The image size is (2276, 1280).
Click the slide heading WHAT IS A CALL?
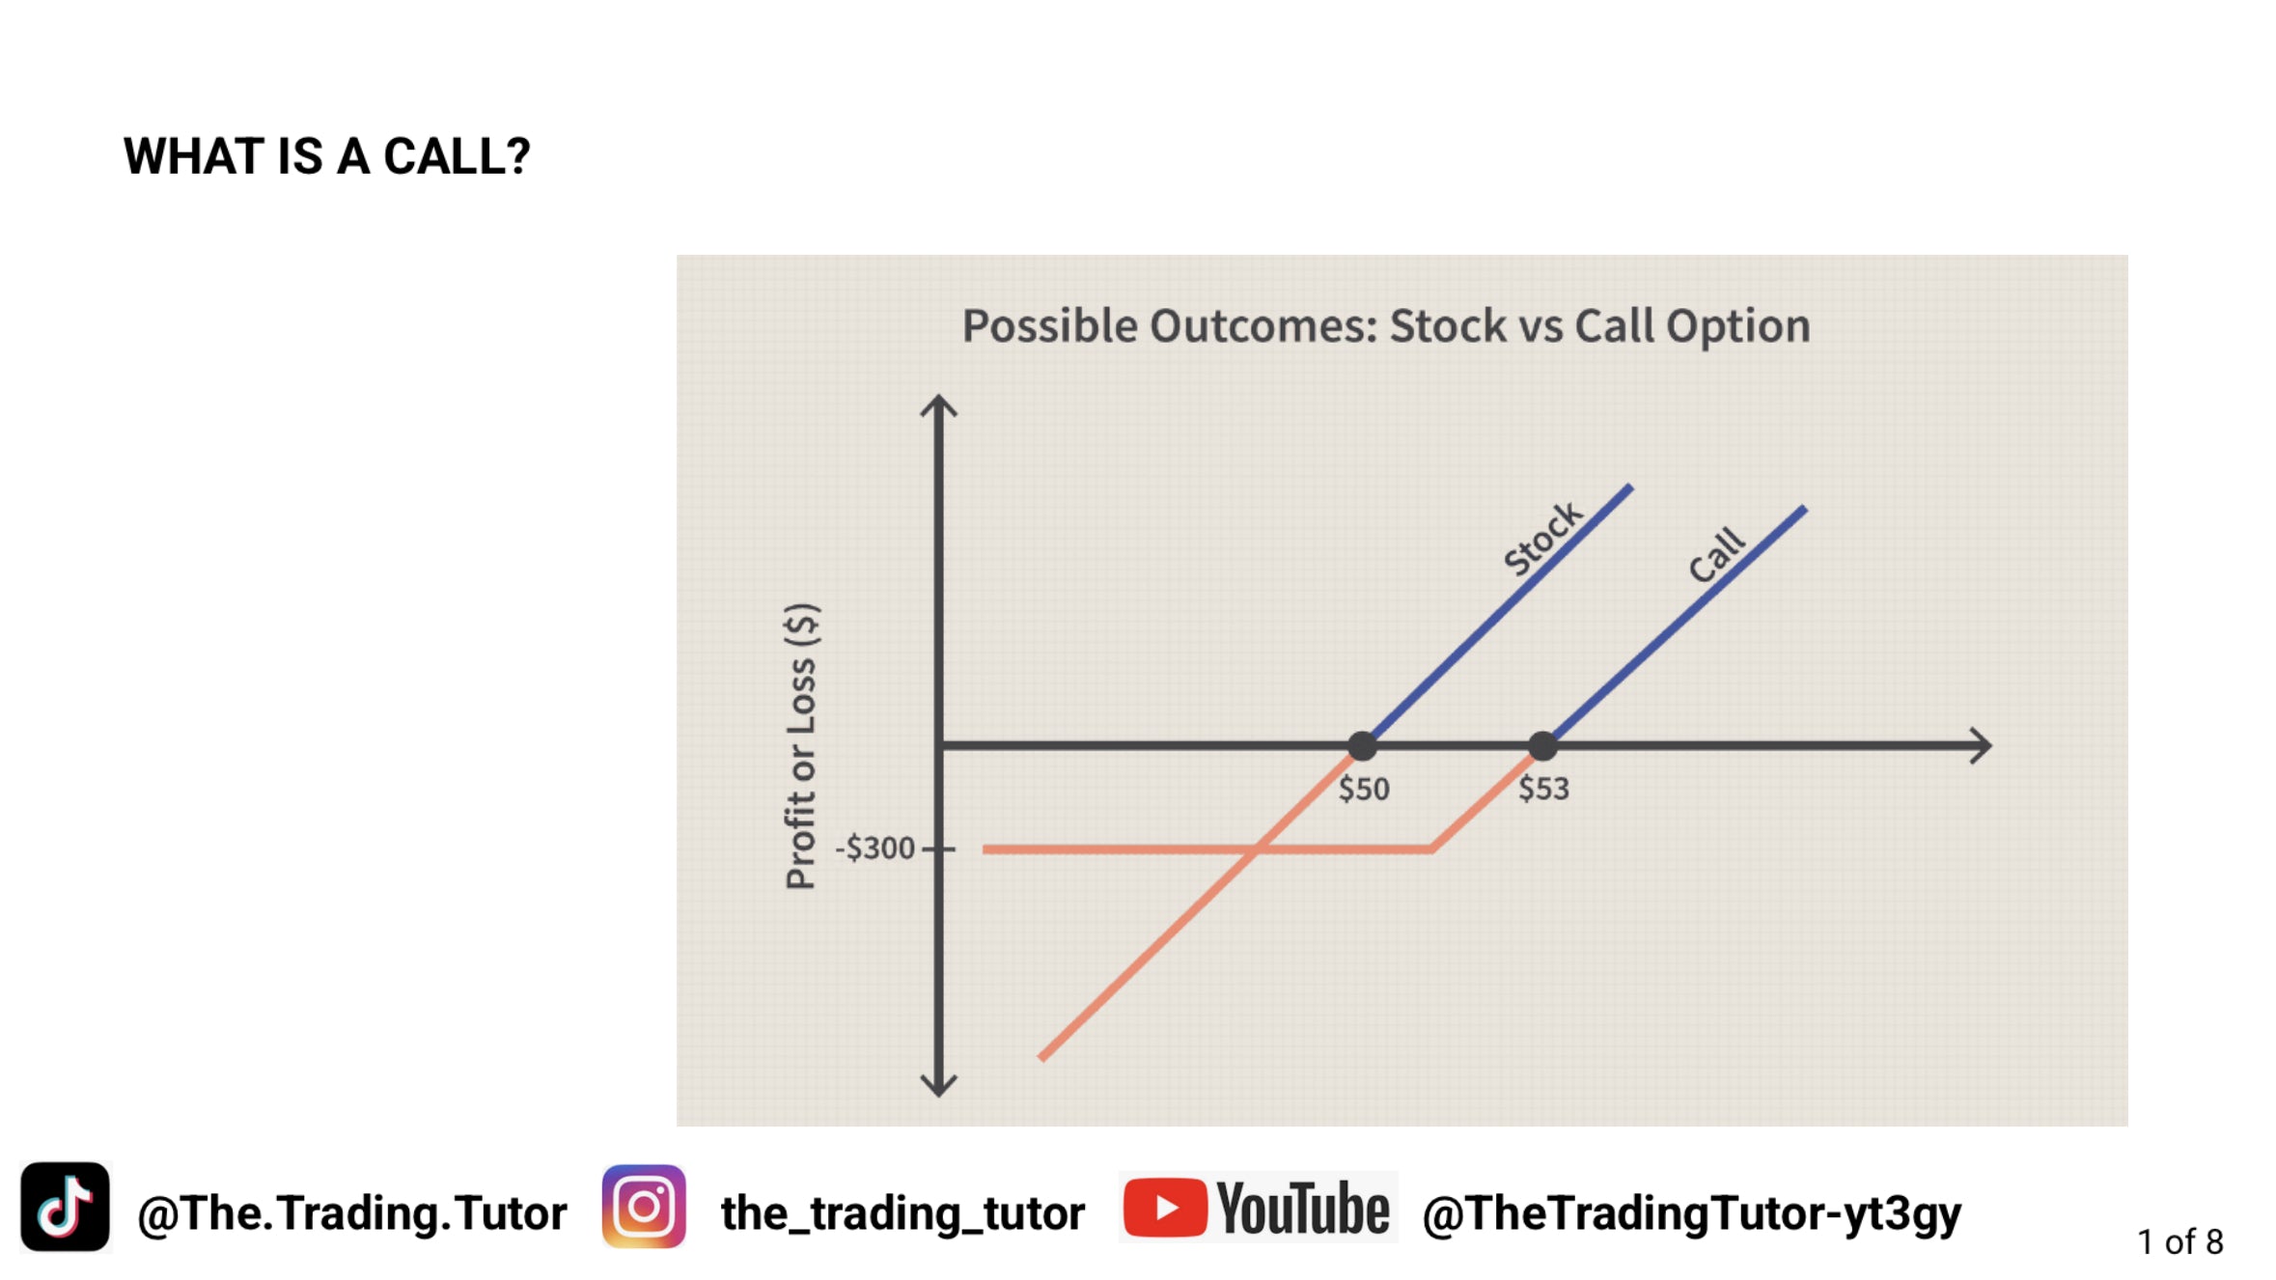click(327, 156)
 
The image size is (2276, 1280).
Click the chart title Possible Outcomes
click(1170, 326)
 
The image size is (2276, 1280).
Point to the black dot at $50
click(1362, 745)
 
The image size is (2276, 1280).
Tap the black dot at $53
click(1542, 745)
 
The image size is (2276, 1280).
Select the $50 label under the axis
click(1364, 789)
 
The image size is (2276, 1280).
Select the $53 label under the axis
click(1544, 789)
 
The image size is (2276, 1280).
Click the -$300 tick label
click(874, 848)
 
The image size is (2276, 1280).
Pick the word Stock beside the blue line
click(1543, 538)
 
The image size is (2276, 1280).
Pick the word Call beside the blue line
click(1717, 555)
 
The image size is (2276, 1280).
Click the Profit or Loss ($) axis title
click(801, 745)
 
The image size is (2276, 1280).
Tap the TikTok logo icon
click(65, 1207)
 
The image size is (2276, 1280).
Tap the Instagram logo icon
click(644, 1207)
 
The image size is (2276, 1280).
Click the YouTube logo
click(1258, 1207)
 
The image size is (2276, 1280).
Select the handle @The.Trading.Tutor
click(352, 1212)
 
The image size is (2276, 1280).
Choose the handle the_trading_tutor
click(903, 1213)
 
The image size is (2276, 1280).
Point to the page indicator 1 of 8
click(2180, 1241)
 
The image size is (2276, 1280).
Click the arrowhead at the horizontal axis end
click(1981, 745)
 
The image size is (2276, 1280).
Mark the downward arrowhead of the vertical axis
click(938, 1086)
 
